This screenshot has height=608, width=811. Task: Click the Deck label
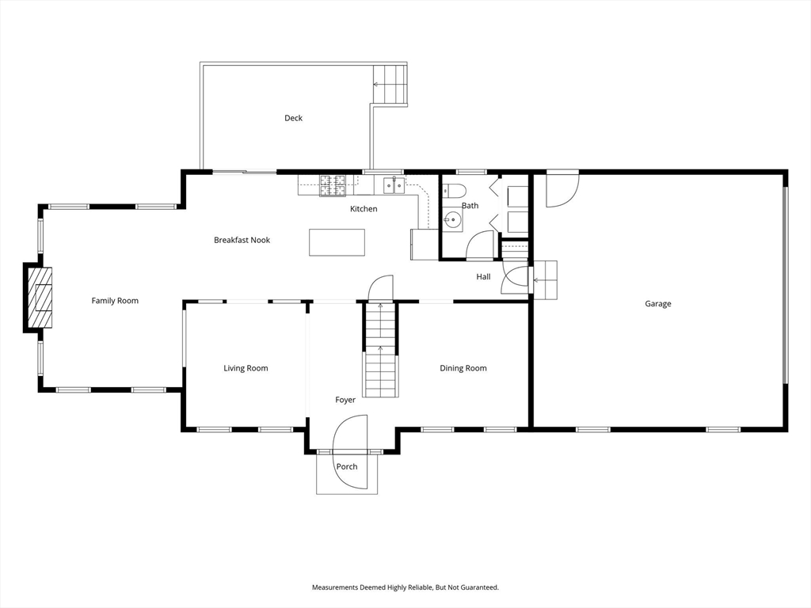click(x=293, y=118)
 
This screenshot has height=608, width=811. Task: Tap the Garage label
click(x=658, y=303)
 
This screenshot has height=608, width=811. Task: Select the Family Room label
click(x=115, y=300)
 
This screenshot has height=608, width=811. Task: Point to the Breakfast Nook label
click(x=242, y=240)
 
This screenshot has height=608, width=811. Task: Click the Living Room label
click(x=246, y=368)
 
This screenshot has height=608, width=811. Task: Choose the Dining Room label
click(x=463, y=368)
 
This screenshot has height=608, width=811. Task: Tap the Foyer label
click(x=345, y=400)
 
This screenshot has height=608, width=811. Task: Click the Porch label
click(x=347, y=466)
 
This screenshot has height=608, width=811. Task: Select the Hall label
click(x=483, y=276)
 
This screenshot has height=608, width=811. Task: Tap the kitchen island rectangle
click(x=337, y=242)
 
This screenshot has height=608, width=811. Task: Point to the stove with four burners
click(x=332, y=185)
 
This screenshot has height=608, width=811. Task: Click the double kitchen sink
click(x=394, y=184)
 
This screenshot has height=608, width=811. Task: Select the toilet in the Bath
click(x=455, y=191)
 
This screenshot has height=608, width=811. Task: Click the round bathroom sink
click(x=453, y=220)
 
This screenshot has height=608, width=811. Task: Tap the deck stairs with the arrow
click(x=390, y=84)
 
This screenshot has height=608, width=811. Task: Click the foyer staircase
click(x=381, y=349)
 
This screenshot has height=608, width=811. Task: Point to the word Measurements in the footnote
click(x=334, y=587)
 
